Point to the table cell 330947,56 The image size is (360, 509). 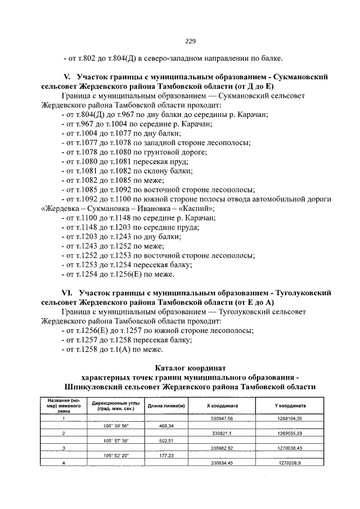tap(222, 419)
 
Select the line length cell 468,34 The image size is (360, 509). tap(166, 426)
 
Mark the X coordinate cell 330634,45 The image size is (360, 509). tap(222, 463)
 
